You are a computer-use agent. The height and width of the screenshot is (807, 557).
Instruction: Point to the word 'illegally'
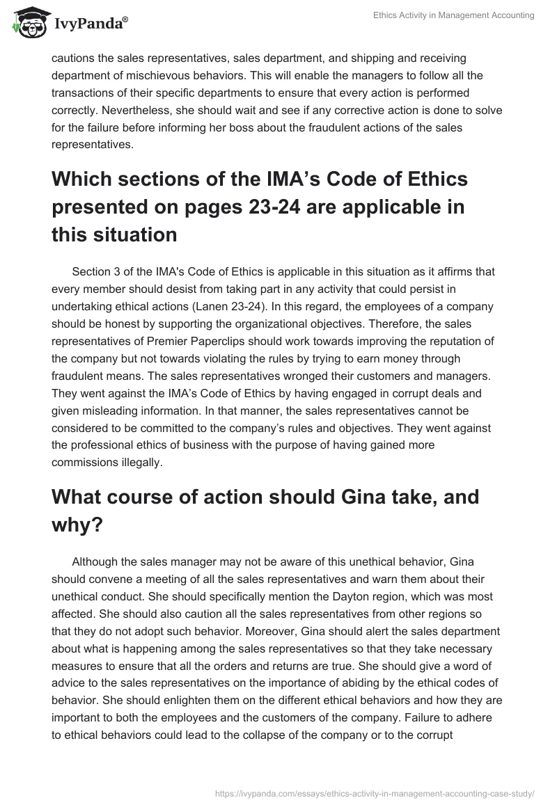tap(140, 461)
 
